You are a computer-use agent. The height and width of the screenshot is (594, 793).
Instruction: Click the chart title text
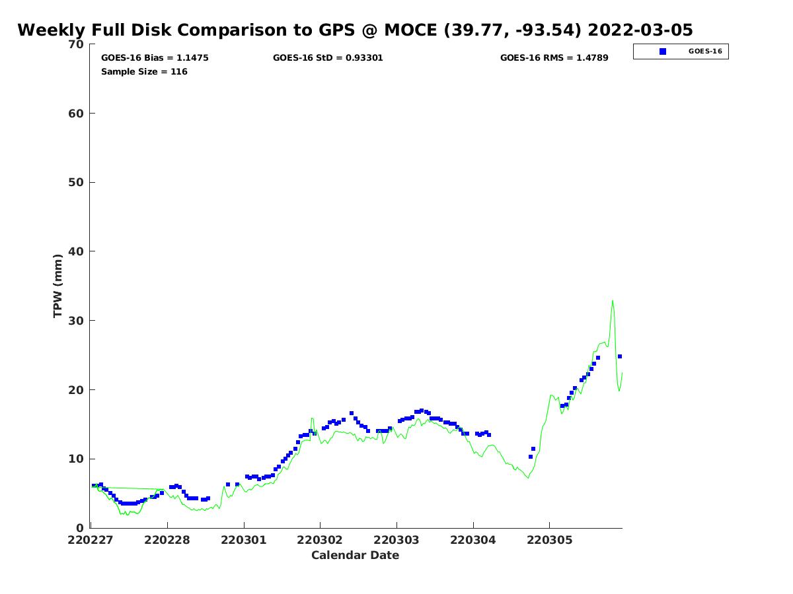pos(355,30)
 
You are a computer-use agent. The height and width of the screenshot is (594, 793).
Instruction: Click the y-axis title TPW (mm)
pos(58,285)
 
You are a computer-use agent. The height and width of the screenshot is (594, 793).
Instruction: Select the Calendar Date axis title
pos(355,555)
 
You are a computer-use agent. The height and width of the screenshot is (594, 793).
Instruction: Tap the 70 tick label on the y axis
pos(77,44)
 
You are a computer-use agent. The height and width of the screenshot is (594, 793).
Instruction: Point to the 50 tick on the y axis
pos(77,182)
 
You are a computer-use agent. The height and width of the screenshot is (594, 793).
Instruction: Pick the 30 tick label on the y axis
pos(77,321)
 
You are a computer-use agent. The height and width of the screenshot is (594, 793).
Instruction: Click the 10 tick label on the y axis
pos(77,459)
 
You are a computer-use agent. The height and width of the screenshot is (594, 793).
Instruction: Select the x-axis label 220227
pos(91,540)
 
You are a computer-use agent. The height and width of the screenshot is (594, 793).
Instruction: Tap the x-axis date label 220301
pos(244,540)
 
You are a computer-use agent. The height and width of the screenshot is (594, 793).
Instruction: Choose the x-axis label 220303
pos(397,540)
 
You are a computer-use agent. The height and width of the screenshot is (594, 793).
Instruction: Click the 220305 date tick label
pos(549,540)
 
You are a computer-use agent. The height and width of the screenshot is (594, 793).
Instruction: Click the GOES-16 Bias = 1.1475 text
pos(155,58)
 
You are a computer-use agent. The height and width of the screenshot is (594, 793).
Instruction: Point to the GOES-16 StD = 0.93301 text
pos(328,58)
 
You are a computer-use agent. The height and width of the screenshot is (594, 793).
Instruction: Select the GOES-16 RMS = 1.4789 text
pos(554,58)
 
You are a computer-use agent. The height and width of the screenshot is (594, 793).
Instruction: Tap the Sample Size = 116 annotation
pos(144,72)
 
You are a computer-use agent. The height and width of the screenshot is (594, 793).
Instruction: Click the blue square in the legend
pos(663,51)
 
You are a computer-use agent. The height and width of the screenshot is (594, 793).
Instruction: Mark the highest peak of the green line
pos(613,301)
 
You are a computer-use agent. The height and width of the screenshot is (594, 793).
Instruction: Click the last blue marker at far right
pos(620,356)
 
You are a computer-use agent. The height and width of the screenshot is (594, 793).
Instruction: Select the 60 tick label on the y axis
pos(77,114)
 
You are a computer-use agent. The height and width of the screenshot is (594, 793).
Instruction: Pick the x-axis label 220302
pos(320,540)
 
